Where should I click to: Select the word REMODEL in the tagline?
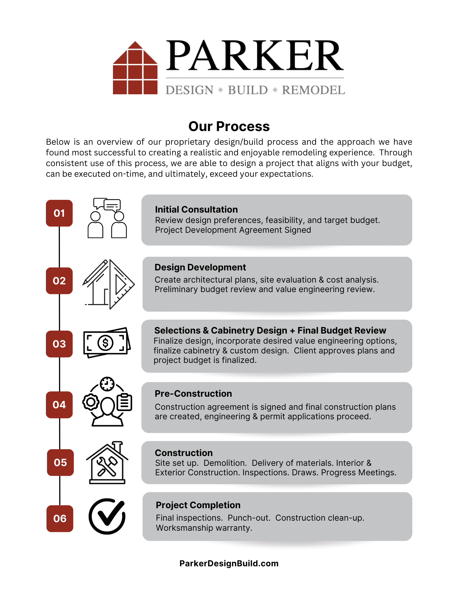(x=313, y=90)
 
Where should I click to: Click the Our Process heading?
(x=229, y=126)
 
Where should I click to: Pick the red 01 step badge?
(x=59, y=213)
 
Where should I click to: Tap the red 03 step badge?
(x=59, y=344)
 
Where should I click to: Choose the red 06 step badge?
(x=60, y=519)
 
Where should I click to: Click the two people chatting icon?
(x=107, y=218)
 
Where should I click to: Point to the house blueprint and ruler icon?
(x=108, y=284)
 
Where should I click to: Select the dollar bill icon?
(x=107, y=343)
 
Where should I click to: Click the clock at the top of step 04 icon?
(x=107, y=384)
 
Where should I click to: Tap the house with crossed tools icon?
(x=107, y=463)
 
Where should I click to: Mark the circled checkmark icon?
(x=107, y=516)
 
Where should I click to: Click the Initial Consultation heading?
(x=196, y=209)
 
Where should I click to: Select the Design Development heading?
(x=200, y=267)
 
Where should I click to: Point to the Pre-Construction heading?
(x=193, y=393)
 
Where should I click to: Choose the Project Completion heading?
(x=198, y=505)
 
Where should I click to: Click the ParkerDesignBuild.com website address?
(x=229, y=563)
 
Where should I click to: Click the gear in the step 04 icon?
(x=91, y=402)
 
